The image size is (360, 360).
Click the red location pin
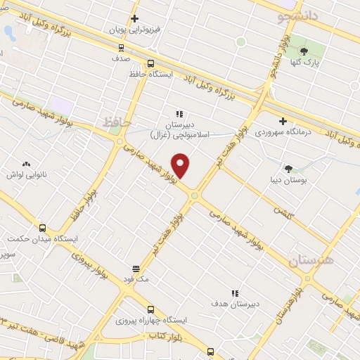(181, 165)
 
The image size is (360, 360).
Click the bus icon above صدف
(121, 49)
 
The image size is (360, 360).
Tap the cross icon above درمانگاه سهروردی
(282, 121)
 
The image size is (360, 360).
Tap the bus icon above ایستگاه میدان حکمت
(43, 228)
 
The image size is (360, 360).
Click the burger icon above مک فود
(136, 269)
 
